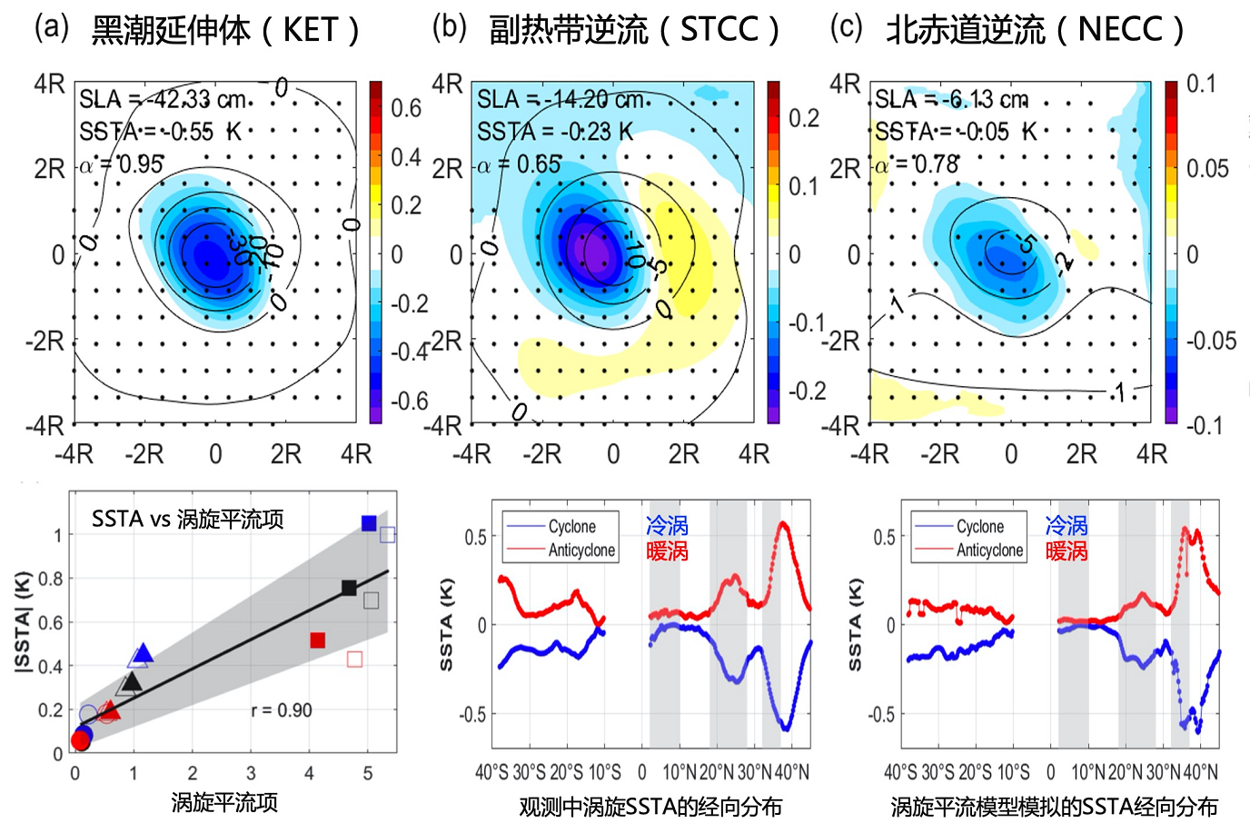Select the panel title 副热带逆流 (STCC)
[634, 30]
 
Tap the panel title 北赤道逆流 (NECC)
[1035, 30]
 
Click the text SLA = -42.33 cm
[164, 99]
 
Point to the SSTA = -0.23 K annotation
[555, 133]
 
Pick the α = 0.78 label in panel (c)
[917, 165]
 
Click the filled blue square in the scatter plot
[369, 523]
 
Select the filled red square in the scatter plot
[317, 640]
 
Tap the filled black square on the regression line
[349, 588]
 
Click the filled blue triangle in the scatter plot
[143, 654]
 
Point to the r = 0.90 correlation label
[282, 710]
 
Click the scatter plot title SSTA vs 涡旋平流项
[188, 519]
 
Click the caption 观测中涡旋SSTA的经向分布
[650, 807]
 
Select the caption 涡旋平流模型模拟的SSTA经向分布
[1054, 807]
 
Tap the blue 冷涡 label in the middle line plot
[668, 525]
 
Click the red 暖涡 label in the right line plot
[1066, 550]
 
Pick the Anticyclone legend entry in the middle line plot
[581, 550]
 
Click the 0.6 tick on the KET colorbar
[406, 108]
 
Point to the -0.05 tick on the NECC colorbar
[1211, 341]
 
